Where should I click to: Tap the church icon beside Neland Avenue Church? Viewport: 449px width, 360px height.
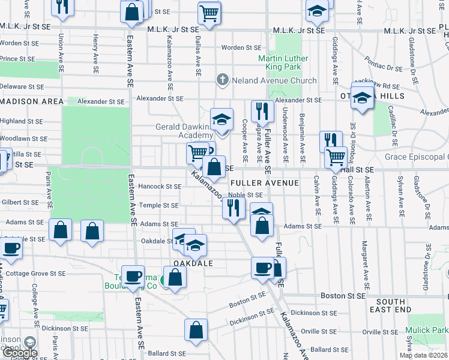coord(222,80)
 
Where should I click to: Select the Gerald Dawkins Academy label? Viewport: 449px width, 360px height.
coord(175,131)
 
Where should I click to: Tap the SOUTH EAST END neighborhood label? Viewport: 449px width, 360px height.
coord(394,305)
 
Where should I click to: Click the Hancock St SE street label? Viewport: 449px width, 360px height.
coord(160,187)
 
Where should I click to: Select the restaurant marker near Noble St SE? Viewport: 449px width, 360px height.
coord(233,208)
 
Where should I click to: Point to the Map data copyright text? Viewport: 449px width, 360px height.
coord(423,355)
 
